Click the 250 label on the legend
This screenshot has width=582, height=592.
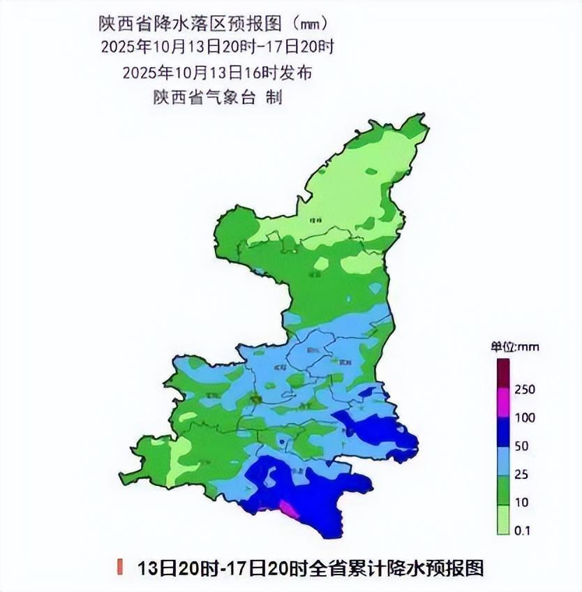(524, 390)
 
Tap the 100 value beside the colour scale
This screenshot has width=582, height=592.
(524, 418)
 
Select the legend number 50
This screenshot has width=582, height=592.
(521, 446)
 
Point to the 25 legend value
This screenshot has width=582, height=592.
(521, 475)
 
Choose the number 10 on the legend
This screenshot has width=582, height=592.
(521, 503)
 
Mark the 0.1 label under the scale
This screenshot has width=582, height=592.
(523, 531)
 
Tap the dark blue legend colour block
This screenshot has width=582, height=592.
(503, 432)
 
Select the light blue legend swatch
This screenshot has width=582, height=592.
(503, 461)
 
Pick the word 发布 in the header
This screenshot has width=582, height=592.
(297, 73)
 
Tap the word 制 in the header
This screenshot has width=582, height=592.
(274, 98)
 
